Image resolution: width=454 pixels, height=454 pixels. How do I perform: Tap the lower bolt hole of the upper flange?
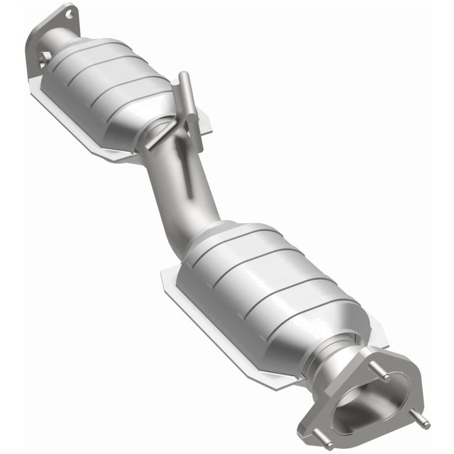tap(44, 58)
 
